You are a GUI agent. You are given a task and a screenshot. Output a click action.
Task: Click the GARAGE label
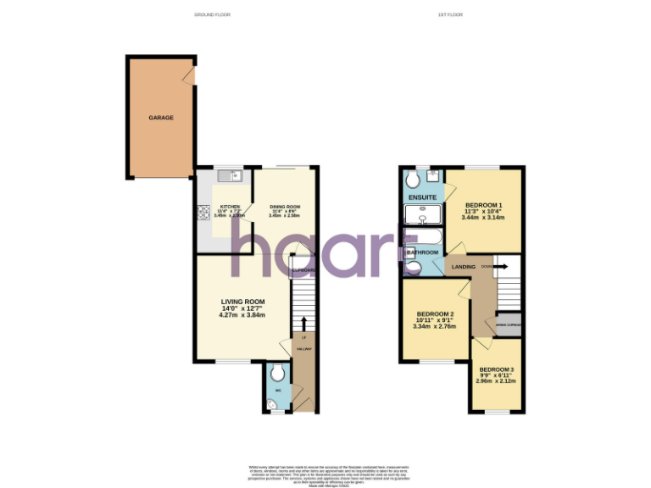pos(161,118)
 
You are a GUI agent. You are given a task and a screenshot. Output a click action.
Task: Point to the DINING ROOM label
pos(285,207)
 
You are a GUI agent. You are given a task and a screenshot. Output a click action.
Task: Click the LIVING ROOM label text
pos(243,302)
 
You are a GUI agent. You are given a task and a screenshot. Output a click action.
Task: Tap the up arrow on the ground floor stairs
pos(304,324)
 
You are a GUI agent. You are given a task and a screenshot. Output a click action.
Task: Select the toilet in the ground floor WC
pos(278,372)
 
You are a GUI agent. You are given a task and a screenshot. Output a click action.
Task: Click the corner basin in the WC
pos(270,405)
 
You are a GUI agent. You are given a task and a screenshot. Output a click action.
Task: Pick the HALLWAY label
pos(303,348)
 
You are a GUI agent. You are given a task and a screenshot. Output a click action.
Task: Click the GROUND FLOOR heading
pos(213,15)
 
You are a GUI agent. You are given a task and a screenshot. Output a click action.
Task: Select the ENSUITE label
pos(422,197)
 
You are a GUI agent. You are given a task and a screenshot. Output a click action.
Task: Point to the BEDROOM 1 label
pos(483,205)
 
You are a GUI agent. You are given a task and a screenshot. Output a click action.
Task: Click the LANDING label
pos(464,267)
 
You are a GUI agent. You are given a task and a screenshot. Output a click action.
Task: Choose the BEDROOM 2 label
pos(434,315)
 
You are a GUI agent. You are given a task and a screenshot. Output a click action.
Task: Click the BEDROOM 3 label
pos(496,369)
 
